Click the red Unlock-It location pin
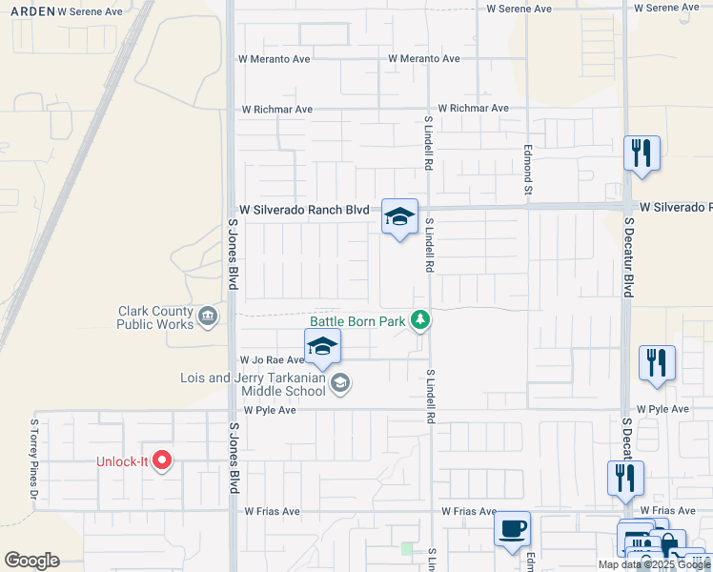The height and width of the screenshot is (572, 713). [x=162, y=460]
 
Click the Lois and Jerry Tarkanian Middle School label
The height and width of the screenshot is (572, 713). [x=253, y=384]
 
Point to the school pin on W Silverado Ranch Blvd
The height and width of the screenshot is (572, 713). [x=400, y=216]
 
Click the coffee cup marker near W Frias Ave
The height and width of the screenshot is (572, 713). [x=512, y=527]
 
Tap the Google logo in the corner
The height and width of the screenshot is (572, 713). [x=31, y=561]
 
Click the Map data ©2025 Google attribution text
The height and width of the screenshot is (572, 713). [x=654, y=564]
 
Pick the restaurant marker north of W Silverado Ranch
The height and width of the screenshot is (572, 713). [x=642, y=153]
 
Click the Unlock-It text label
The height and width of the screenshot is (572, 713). [x=122, y=462]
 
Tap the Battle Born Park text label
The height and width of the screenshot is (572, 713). [x=357, y=321]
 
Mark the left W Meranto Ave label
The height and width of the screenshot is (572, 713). [x=275, y=59]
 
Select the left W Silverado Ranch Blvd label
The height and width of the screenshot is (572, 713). [x=303, y=209]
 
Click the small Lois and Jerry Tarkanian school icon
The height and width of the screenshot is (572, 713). [x=340, y=383]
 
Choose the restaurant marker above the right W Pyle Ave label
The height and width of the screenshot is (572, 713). [x=657, y=362]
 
